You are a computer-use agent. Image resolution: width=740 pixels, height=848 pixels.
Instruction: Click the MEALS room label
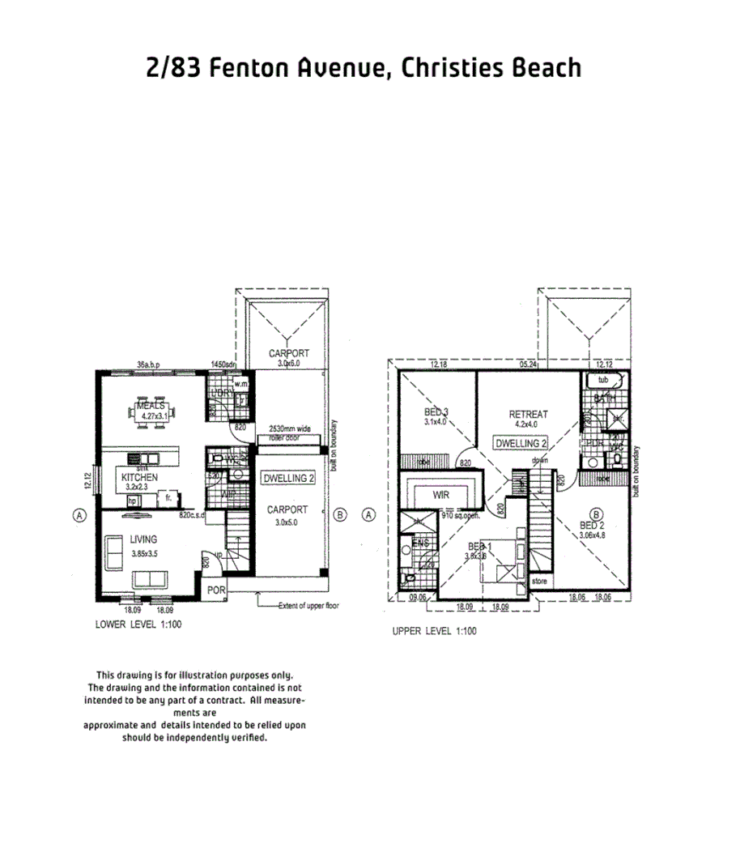click(151, 405)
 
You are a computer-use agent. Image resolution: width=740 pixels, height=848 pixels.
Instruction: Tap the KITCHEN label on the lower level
click(139, 479)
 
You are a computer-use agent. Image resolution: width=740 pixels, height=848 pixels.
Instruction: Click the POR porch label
click(216, 590)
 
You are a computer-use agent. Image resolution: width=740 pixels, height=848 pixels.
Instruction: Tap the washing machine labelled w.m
click(240, 383)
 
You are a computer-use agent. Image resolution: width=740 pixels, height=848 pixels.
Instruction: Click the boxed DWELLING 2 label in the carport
click(289, 479)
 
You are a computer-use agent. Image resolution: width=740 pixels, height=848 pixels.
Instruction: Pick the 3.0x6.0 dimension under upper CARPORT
click(289, 364)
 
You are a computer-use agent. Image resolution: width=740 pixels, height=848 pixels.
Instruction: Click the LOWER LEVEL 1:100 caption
click(138, 624)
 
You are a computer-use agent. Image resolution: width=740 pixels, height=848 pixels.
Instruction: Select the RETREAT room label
click(529, 414)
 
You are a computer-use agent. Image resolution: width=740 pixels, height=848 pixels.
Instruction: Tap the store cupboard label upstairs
click(539, 582)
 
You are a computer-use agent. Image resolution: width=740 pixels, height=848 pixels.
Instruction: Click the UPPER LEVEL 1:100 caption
click(434, 631)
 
